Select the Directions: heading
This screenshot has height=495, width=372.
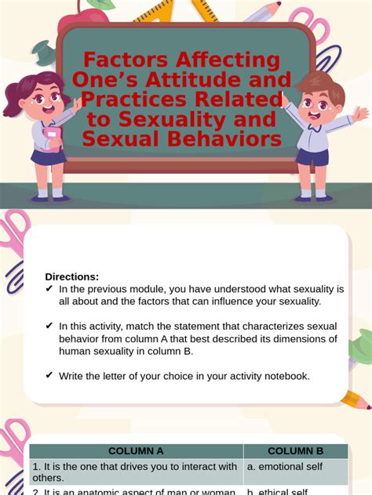click(x=71, y=276)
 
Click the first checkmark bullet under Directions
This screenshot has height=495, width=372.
click(x=49, y=289)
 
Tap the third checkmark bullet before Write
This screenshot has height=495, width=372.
click(x=49, y=375)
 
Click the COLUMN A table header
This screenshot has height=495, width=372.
click(x=136, y=451)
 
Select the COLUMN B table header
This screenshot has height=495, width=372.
click(x=295, y=451)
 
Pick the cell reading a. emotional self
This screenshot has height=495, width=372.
click(x=283, y=467)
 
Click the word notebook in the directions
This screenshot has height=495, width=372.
click(x=287, y=376)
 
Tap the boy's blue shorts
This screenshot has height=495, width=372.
click(x=312, y=157)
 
